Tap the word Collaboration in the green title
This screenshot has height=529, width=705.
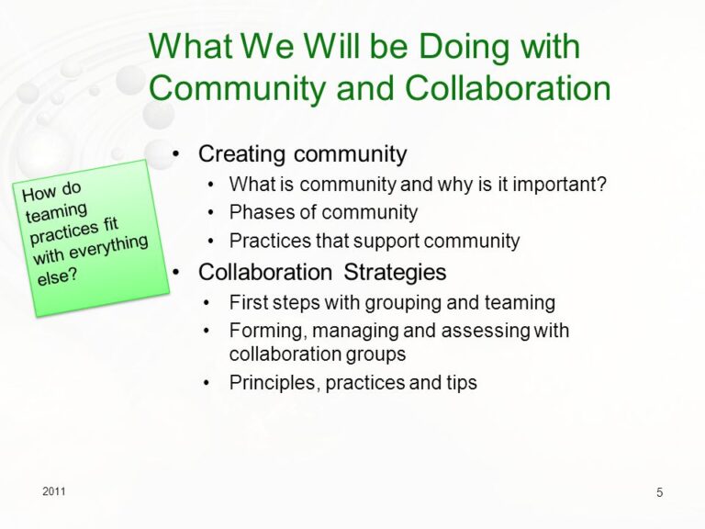click(508, 88)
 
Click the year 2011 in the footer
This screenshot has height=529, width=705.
click(54, 491)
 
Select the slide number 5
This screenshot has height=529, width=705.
click(660, 492)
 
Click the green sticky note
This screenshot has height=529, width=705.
click(91, 239)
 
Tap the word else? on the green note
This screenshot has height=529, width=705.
click(58, 276)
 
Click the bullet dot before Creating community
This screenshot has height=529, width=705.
click(176, 154)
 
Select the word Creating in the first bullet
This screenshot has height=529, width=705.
click(242, 154)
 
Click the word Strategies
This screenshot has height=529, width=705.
click(395, 273)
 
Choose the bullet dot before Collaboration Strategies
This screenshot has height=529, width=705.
click(176, 272)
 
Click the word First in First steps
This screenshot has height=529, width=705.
click(248, 302)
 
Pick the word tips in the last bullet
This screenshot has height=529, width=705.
click(462, 383)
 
